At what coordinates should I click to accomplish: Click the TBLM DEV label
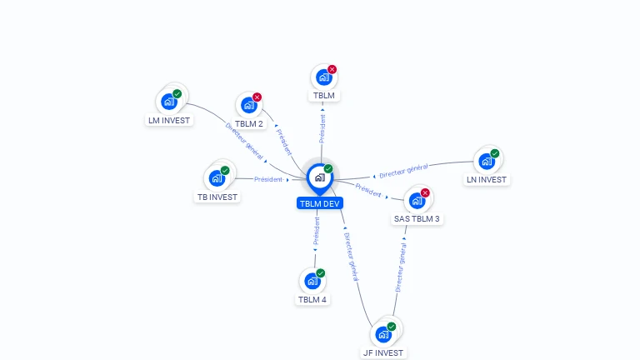[320, 203]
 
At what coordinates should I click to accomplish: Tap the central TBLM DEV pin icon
[319, 177]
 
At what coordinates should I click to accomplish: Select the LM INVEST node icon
[169, 102]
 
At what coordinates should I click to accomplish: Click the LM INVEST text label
[169, 120]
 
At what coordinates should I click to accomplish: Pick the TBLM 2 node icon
[248, 106]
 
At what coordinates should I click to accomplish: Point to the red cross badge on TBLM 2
[257, 97]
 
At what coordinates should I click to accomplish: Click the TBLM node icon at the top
[323, 77]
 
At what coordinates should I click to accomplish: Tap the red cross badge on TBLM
[332, 69]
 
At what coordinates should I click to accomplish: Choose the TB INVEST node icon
[217, 178]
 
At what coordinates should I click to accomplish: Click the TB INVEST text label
[217, 197]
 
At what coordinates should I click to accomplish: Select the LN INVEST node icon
[486, 161]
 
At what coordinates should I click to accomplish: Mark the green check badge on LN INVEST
[494, 153]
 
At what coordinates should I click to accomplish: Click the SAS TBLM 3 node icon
[417, 201]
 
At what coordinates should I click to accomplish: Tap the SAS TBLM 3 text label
[417, 219]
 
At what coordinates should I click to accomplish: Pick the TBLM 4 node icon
[312, 281]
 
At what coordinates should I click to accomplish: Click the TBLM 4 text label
[312, 300]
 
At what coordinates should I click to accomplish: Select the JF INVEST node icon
[383, 334]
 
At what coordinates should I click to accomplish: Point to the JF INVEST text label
[383, 353]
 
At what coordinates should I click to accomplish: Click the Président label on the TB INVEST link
[268, 179]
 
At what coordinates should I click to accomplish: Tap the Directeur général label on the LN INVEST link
[403, 172]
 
